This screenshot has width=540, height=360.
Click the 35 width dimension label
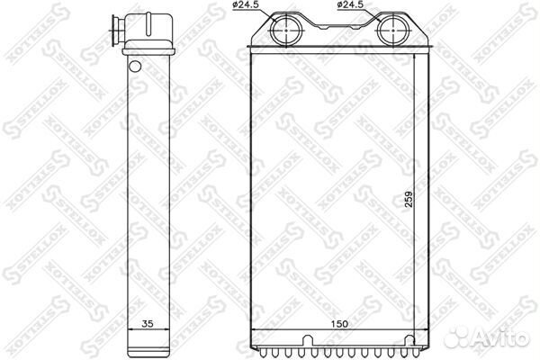tap(147, 324)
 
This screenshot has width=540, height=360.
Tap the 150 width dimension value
tap(339, 324)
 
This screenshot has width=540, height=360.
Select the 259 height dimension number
tap(408, 199)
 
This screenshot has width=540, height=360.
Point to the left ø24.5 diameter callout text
tap(246, 4)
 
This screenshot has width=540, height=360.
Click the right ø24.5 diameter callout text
tap(350, 4)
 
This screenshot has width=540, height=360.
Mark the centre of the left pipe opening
tap(286, 31)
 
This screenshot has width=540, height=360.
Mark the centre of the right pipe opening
tap(393, 31)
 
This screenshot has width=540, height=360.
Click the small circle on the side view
tap(135, 66)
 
